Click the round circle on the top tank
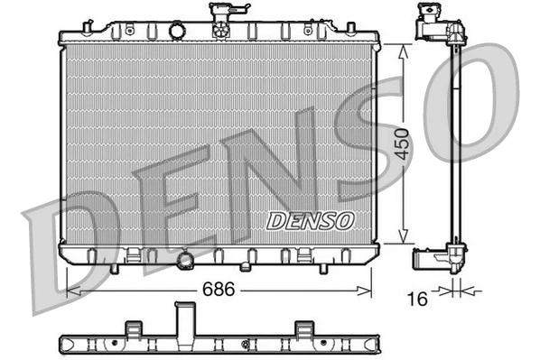tap(177, 32)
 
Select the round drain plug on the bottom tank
tap(187, 261)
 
